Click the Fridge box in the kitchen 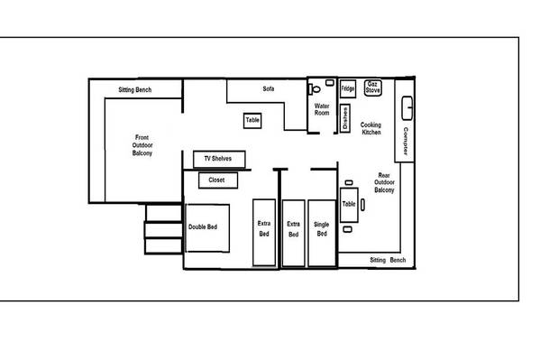(347, 88)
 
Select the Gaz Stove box (373, 88)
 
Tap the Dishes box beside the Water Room (345, 118)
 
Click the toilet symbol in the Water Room (315, 89)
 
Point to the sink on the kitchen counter (407, 108)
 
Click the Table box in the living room (252, 121)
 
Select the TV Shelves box (219, 159)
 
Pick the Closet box (218, 180)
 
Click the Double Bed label (203, 226)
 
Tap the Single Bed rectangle (322, 233)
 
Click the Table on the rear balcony (349, 205)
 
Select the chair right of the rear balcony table (362, 205)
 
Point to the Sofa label (269, 88)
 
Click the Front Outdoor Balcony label (142, 145)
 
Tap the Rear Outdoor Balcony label (384, 182)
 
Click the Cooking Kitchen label (371, 128)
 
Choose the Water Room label (322, 109)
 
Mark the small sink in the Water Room (330, 83)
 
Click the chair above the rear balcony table (349, 183)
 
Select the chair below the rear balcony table (347, 229)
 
